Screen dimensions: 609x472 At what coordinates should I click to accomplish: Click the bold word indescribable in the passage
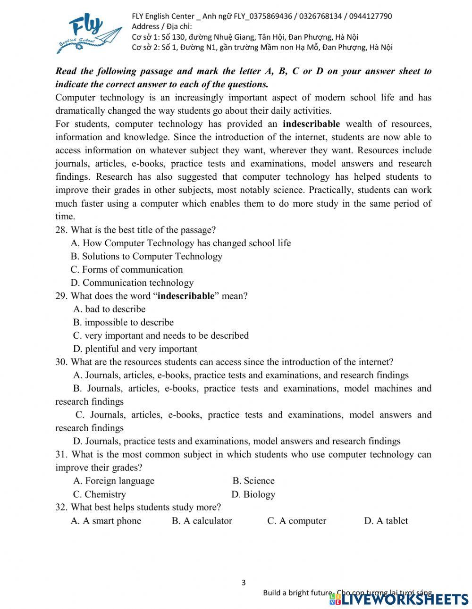click(x=311, y=124)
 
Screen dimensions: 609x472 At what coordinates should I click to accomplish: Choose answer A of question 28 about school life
click(x=181, y=243)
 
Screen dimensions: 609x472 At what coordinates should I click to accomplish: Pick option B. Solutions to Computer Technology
click(x=146, y=257)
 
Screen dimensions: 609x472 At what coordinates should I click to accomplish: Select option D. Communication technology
click(x=132, y=283)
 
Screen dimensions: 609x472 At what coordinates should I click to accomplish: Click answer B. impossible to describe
click(x=123, y=323)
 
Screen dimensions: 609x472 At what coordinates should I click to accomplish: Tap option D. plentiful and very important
click(x=135, y=349)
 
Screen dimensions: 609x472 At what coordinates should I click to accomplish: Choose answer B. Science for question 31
click(x=253, y=481)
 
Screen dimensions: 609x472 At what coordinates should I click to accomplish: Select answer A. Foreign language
click(x=114, y=481)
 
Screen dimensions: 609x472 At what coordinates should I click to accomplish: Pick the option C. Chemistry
click(x=99, y=494)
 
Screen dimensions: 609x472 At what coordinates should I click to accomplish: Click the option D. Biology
click(x=253, y=494)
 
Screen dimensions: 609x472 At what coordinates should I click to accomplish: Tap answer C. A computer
click(x=296, y=521)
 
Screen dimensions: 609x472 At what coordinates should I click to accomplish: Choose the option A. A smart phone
click(x=106, y=521)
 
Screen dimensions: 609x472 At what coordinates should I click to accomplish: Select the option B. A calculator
click(x=202, y=521)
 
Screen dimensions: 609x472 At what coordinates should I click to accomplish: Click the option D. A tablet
click(x=386, y=521)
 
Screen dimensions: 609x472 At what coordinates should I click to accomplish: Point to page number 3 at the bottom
click(x=244, y=583)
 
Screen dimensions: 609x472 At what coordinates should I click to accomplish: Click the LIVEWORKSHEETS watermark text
click(x=404, y=599)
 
